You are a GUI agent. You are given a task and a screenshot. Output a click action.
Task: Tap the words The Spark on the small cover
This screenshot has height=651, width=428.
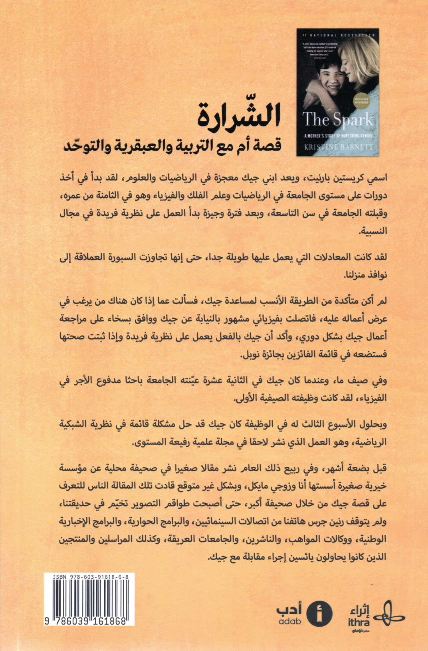tap(337, 120)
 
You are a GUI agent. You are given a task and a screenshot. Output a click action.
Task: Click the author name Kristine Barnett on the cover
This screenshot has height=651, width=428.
tap(338, 147)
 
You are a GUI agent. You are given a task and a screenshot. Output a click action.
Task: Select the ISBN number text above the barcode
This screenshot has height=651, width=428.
tap(93, 577)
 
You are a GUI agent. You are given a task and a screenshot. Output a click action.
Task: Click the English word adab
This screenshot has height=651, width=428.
tap(289, 622)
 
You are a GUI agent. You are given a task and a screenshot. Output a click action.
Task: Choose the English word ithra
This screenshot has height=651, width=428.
tap(358, 622)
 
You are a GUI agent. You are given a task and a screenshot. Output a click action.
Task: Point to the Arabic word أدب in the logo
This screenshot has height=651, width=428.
tap(289, 609)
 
